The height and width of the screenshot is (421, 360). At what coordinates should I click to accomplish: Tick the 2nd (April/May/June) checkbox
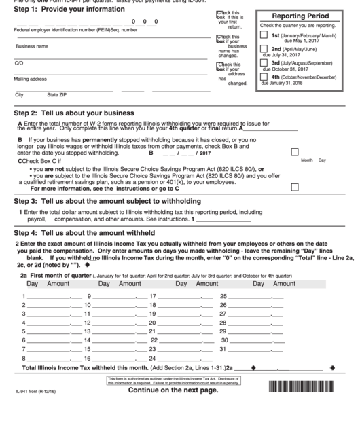coord(264,50)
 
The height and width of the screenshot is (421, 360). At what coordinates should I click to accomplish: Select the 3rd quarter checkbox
coord(264,63)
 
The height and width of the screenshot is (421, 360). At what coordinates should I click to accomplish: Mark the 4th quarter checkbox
coord(264,77)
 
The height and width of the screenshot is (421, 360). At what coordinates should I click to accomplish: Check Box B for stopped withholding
coord(294,152)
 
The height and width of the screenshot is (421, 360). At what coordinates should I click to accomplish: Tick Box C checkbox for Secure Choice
coord(294,187)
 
